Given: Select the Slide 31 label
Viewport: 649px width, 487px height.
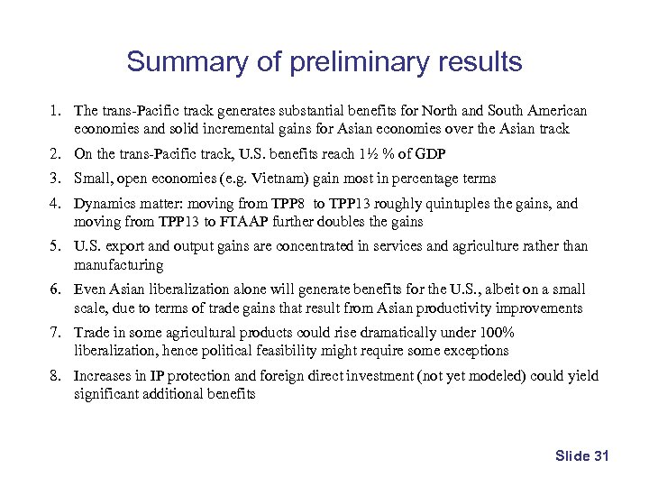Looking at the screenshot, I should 582,455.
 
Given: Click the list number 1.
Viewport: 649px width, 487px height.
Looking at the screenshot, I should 55,111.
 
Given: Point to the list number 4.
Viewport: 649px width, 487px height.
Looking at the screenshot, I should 55,204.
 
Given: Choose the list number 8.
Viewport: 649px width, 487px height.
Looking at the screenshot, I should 55,376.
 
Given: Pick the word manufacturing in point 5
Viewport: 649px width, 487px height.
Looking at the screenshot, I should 118,265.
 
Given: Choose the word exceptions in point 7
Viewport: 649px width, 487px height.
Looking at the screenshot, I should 475,351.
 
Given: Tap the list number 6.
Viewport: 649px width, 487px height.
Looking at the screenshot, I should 55,289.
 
